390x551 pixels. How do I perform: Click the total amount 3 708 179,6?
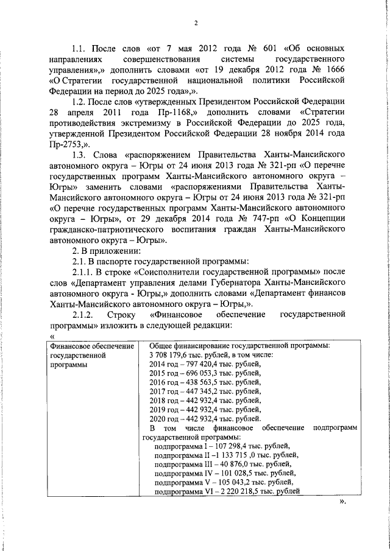click(174, 355)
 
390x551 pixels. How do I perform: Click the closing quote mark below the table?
click(342, 502)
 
